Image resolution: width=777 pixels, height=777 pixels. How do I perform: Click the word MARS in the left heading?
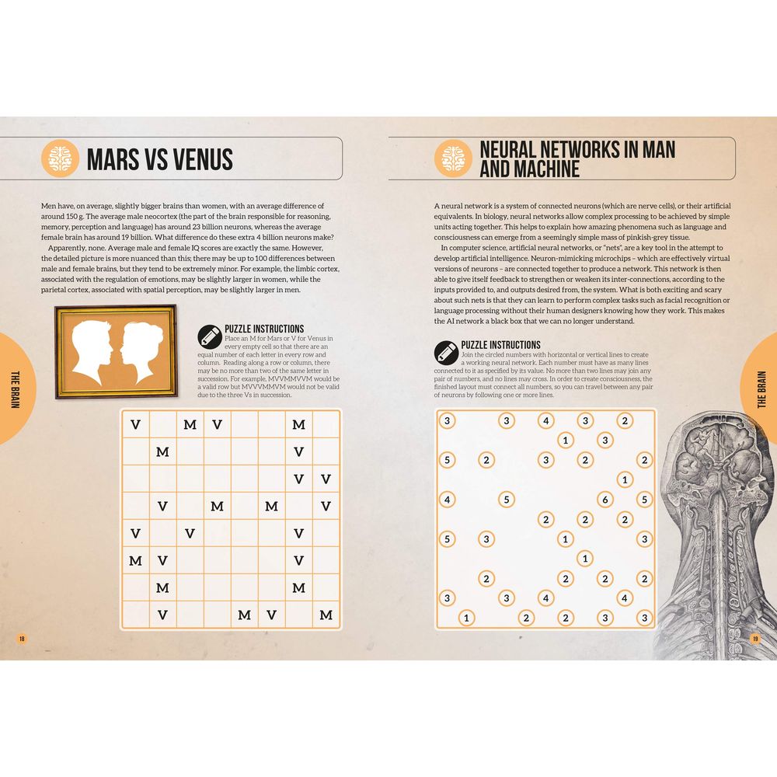click(113, 159)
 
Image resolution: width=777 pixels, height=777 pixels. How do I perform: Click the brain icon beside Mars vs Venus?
click(60, 159)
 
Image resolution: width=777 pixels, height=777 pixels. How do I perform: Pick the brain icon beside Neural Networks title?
click(453, 159)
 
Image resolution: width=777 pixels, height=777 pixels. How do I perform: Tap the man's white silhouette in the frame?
click(92, 351)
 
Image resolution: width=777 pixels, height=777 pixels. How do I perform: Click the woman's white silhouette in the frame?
click(140, 351)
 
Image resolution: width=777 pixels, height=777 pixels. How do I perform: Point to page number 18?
click(21, 639)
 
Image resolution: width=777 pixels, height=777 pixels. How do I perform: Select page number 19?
click(754, 639)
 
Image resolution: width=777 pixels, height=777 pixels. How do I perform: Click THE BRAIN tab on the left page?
click(16, 389)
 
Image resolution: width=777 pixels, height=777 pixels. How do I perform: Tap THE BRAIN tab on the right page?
click(761, 389)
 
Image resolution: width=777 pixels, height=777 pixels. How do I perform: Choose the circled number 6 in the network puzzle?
click(605, 500)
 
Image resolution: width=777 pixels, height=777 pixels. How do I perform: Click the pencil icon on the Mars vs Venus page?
click(209, 337)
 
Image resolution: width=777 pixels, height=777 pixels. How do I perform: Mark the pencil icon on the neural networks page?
click(446, 353)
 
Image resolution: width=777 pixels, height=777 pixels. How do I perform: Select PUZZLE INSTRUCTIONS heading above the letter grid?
click(264, 329)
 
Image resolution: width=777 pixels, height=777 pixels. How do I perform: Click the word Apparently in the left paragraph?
click(66, 248)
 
